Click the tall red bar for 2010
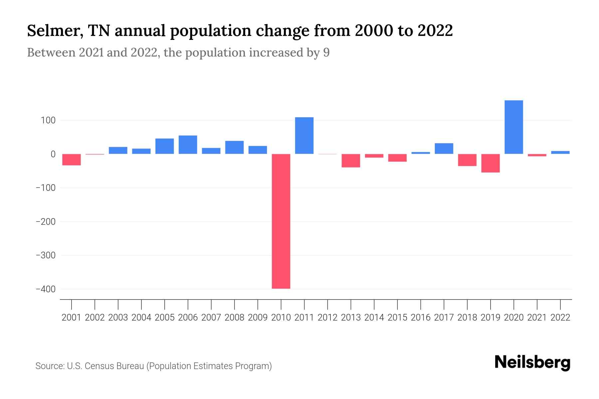(281, 221)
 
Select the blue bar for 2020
(513, 127)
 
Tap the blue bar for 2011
(304, 135)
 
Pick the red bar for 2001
(72, 160)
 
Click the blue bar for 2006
(188, 145)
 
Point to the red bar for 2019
(490, 163)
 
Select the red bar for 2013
(351, 161)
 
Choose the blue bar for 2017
(444, 149)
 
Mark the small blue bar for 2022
(560, 152)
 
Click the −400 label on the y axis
(46, 289)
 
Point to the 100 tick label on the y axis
(48, 120)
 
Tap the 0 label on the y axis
(53, 154)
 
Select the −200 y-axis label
(46, 222)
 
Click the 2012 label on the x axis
(327, 318)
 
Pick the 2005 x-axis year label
(164, 318)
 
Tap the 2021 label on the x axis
(537, 318)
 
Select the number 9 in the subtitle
(326, 53)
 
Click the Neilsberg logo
(532, 362)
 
